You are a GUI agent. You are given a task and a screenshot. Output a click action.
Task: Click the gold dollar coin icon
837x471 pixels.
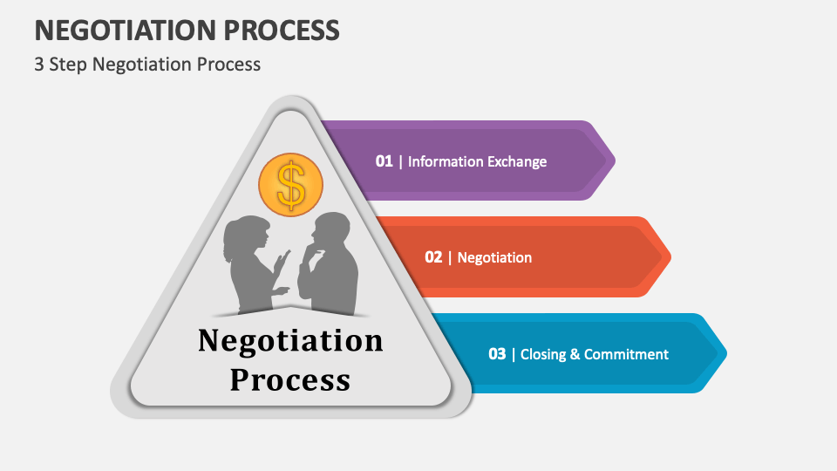[x=290, y=184]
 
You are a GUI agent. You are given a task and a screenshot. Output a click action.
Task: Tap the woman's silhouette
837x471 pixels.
[x=250, y=266]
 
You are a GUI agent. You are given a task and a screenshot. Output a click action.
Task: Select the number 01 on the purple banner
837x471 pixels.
[x=384, y=161]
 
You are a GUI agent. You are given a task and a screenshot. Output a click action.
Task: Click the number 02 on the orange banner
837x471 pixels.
[x=433, y=257]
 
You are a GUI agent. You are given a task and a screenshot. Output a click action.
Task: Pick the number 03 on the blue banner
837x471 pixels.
[x=497, y=354]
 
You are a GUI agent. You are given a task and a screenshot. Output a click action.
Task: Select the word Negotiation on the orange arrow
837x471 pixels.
[x=494, y=257]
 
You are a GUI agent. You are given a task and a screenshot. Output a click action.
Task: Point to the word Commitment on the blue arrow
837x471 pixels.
[x=626, y=354]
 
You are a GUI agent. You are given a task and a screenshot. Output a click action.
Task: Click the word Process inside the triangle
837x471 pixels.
[x=290, y=379]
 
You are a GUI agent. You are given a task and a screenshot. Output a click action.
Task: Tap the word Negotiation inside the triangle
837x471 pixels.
[x=290, y=340]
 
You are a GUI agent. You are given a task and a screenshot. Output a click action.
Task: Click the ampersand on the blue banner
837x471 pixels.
[x=575, y=354]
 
